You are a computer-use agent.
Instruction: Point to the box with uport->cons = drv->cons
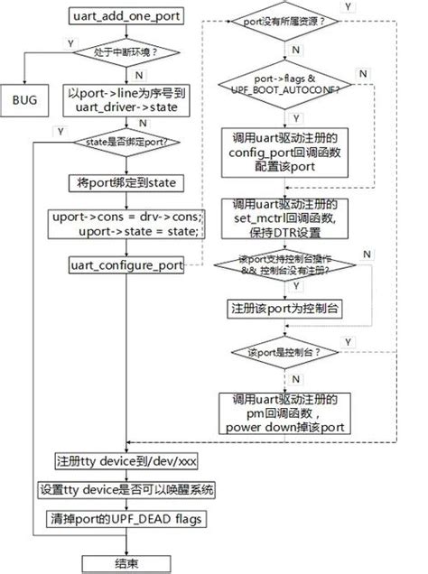click(126, 224)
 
